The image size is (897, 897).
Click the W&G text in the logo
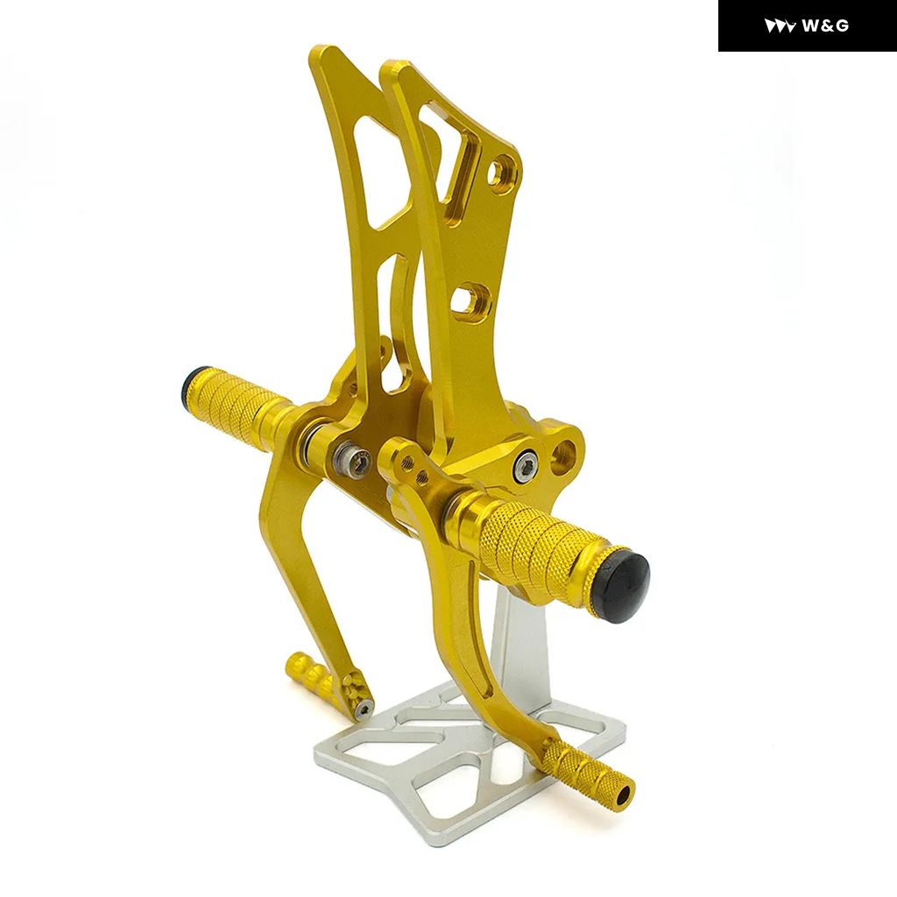pyautogui.click(x=825, y=25)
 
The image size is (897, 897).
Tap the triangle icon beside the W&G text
pyautogui.click(x=780, y=26)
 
